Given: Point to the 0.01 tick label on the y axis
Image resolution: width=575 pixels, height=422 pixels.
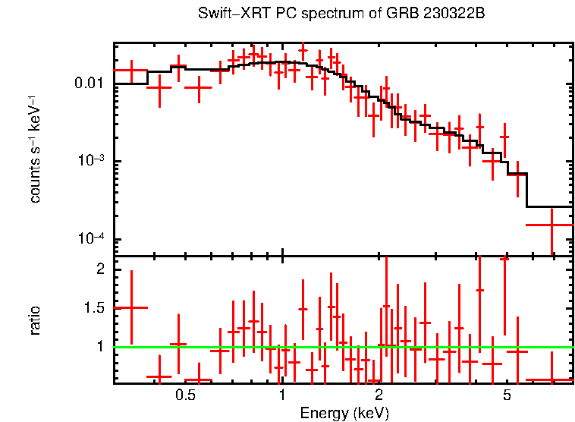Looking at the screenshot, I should (x=90, y=83).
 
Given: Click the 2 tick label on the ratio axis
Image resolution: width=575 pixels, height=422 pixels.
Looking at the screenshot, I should (x=99, y=269).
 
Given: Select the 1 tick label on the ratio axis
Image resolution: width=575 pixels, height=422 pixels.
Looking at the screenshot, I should (x=99, y=347).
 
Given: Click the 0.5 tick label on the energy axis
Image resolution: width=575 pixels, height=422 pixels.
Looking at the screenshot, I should (x=185, y=396).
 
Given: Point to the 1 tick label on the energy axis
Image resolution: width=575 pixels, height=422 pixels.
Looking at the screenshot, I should (x=282, y=396).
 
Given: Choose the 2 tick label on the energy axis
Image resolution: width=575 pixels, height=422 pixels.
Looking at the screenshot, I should (x=379, y=396).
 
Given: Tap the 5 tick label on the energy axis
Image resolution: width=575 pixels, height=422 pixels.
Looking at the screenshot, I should (x=507, y=396).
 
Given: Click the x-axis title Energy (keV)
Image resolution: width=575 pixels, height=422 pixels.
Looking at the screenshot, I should (x=344, y=413).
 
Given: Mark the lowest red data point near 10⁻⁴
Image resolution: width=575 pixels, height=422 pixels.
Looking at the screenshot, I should (x=550, y=225).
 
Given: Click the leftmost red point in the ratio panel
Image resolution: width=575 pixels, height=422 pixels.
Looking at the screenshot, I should (x=131, y=307).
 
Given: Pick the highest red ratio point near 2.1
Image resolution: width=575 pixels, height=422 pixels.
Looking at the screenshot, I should (x=504, y=258).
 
